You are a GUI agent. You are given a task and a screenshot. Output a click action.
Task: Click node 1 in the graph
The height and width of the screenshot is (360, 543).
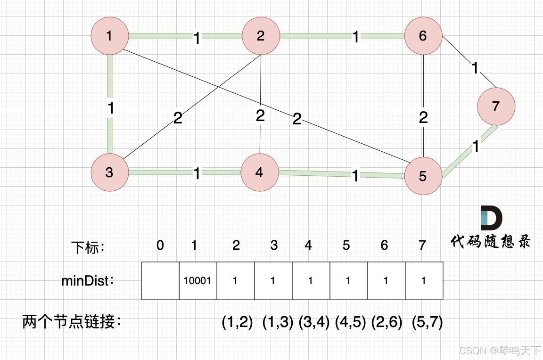pyautogui.click(x=109, y=36)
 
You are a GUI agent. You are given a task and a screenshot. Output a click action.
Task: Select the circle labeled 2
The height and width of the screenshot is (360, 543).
pyautogui.click(x=261, y=36)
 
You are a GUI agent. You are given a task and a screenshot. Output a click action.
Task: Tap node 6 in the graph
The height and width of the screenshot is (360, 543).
pyautogui.click(x=423, y=36)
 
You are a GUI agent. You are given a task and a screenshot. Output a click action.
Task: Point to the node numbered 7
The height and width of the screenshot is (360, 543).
pyautogui.click(x=495, y=106)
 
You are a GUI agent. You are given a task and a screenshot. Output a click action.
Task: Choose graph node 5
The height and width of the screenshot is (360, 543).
pyautogui.click(x=423, y=176)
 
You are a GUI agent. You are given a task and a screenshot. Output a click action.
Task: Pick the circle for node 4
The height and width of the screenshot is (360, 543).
pyautogui.click(x=259, y=172)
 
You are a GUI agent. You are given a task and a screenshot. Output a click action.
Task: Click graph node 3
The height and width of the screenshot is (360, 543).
pyautogui.click(x=109, y=172)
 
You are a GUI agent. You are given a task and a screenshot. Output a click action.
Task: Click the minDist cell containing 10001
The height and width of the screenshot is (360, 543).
pyautogui.click(x=198, y=281)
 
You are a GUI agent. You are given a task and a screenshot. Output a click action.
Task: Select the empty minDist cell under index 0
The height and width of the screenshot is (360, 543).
pyautogui.click(x=160, y=281)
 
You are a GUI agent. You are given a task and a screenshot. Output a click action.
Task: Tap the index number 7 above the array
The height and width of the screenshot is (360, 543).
pyautogui.click(x=422, y=245)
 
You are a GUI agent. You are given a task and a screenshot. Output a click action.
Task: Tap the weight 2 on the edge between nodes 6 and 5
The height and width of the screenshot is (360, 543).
pyautogui.click(x=423, y=117)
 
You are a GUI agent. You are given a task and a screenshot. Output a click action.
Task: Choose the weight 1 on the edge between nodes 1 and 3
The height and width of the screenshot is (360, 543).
pyautogui.click(x=110, y=108)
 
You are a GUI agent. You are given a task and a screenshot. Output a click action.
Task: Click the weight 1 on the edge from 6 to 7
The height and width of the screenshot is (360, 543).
pyautogui.click(x=474, y=69)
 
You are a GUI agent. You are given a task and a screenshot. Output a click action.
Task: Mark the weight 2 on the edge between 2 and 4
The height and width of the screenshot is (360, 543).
pyautogui.click(x=260, y=115)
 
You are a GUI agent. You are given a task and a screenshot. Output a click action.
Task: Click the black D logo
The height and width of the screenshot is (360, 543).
pyautogui.click(x=491, y=218)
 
